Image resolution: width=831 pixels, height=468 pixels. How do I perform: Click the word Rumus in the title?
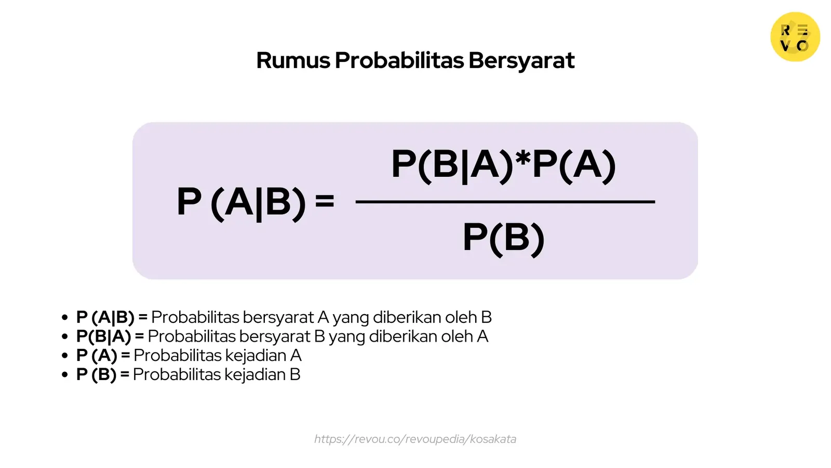tap(293, 60)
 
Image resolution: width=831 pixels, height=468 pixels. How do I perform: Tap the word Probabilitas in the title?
tap(399, 60)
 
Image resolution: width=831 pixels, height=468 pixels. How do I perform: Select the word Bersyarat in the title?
tap(521, 60)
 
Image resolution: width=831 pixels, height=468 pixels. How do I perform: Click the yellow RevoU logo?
tap(795, 37)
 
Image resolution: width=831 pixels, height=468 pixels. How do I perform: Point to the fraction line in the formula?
tap(505, 201)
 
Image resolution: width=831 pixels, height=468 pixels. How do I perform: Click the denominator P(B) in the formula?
tap(503, 238)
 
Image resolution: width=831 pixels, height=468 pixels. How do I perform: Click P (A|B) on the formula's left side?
tap(242, 202)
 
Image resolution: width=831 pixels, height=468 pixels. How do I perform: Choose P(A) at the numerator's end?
tap(574, 165)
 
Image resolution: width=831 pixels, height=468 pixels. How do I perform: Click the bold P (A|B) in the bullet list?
tap(105, 317)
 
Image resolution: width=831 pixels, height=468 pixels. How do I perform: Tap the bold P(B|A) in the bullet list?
tap(103, 336)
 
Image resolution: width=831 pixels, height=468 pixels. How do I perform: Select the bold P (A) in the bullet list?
tap(97, 356)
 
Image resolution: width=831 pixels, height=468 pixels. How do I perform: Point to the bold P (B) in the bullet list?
tap(96, 374)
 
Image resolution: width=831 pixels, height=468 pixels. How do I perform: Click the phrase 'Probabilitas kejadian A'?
tap(217, 356)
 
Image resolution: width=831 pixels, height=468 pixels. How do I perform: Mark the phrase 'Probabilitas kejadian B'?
tap(217, 374)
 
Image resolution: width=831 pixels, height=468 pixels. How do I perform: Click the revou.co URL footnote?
tap(415, 439)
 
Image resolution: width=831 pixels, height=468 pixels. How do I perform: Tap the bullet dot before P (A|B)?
tap(65, 317)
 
